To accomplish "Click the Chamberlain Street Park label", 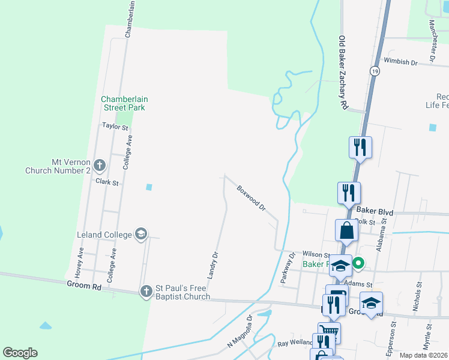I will (x=124, y=103).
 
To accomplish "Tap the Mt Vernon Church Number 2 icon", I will (x=100, y=164).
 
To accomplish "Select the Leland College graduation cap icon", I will (x=141, y=234).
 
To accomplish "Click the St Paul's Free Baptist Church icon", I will (x=146, y=292).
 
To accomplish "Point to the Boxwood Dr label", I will (x=252, y=197).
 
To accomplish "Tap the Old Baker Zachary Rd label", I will (x=343, y=72).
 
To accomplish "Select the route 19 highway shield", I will (x=375, y=71).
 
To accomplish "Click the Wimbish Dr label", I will (x=401, y=62).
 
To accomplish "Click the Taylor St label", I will (x=115, y=127).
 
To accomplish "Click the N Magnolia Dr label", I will (x=239, y=335).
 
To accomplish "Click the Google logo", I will (x=20, y=353).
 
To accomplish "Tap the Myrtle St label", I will (x=429, y=332).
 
